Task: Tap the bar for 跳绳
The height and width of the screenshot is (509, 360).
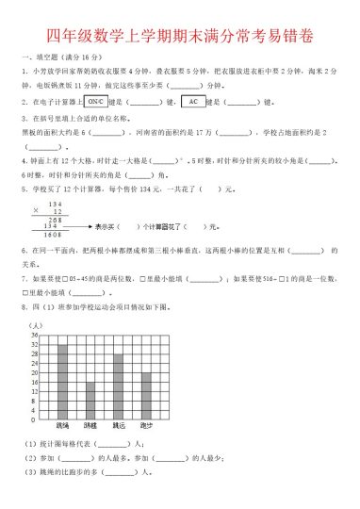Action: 62,383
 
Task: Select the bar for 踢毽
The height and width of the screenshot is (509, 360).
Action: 90,401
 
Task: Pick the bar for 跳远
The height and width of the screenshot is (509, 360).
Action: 118,386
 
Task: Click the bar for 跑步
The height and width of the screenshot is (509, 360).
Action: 146,396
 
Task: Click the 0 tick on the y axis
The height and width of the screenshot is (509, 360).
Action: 34,419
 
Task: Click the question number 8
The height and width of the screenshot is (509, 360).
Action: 22,308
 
